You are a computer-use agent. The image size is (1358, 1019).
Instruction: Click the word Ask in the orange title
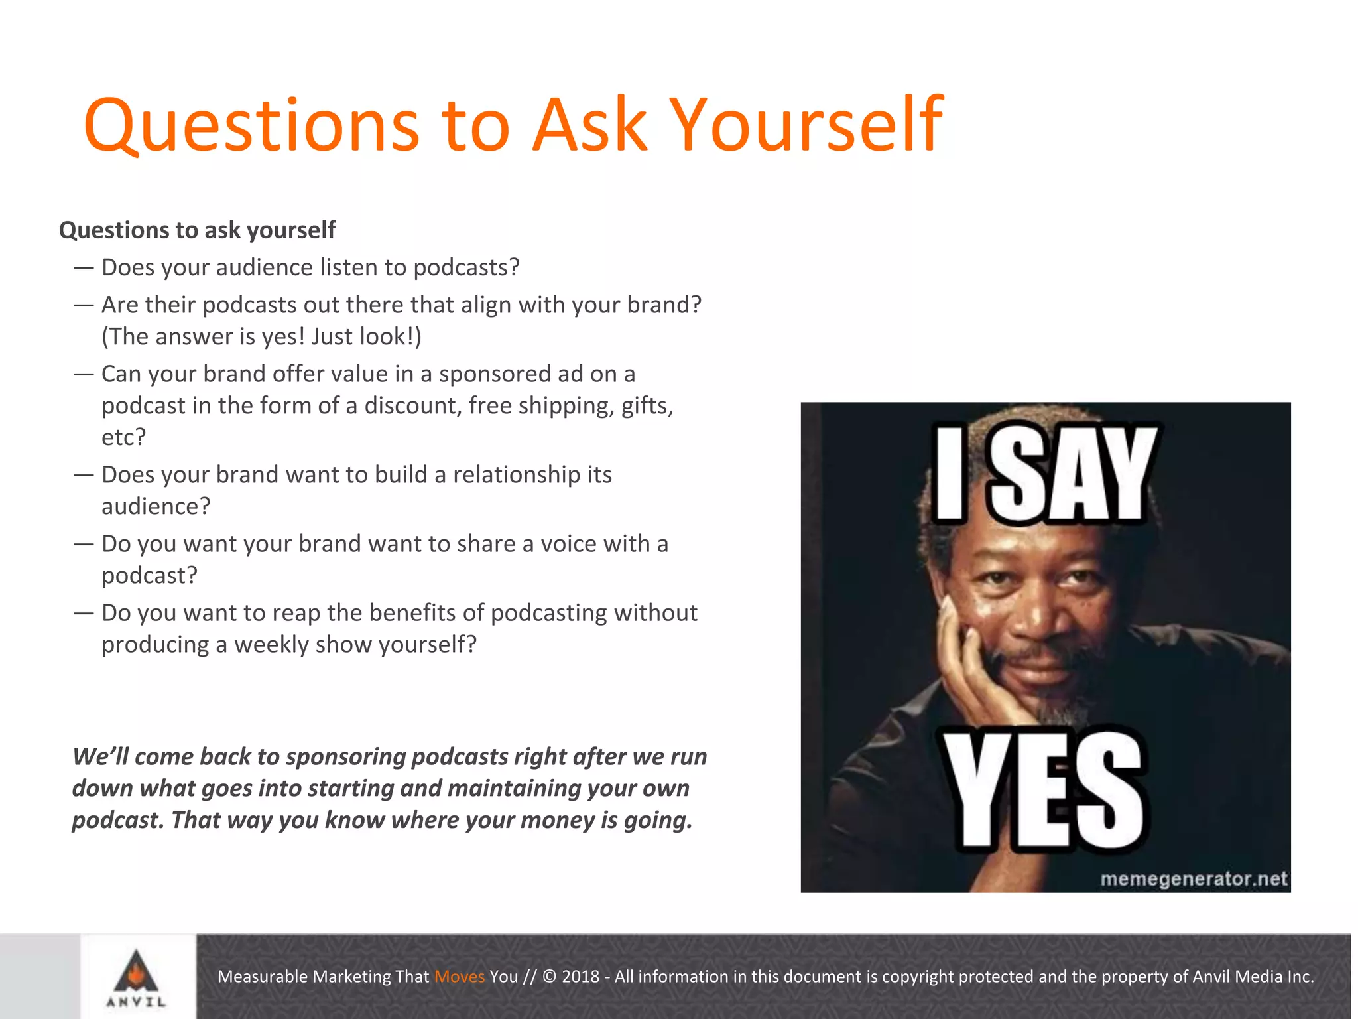point(590,125)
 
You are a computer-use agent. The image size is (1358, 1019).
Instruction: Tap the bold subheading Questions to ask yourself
point(197,230)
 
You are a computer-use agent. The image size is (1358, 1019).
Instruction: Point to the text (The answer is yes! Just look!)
point(261,337)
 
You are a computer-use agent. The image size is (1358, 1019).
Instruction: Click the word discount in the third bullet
point(412,405)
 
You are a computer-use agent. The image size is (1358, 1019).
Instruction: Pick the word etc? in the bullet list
point(123,437)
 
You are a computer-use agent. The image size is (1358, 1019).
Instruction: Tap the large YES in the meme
point(1044,791)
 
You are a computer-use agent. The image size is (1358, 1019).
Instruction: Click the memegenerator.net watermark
point(1193,879)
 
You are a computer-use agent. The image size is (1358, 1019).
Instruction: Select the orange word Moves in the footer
point(459,977)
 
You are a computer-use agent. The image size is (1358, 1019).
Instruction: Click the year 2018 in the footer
point(580,977)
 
